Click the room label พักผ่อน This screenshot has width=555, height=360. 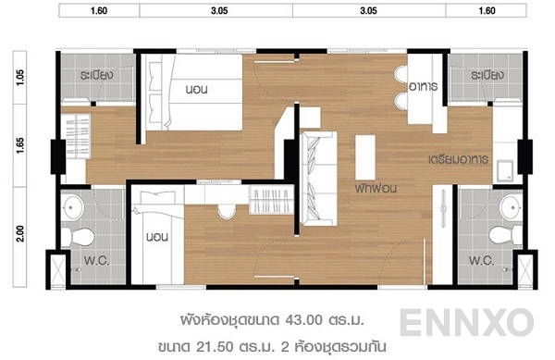pos(375,186)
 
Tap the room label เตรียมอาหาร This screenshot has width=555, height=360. pos(458,159)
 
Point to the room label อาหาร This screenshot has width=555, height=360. pos(422,86)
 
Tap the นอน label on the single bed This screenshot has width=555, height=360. pos(156,238)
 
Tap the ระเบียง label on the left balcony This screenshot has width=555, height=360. pos(96,75)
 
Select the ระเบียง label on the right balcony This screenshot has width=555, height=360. pos(486,75)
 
